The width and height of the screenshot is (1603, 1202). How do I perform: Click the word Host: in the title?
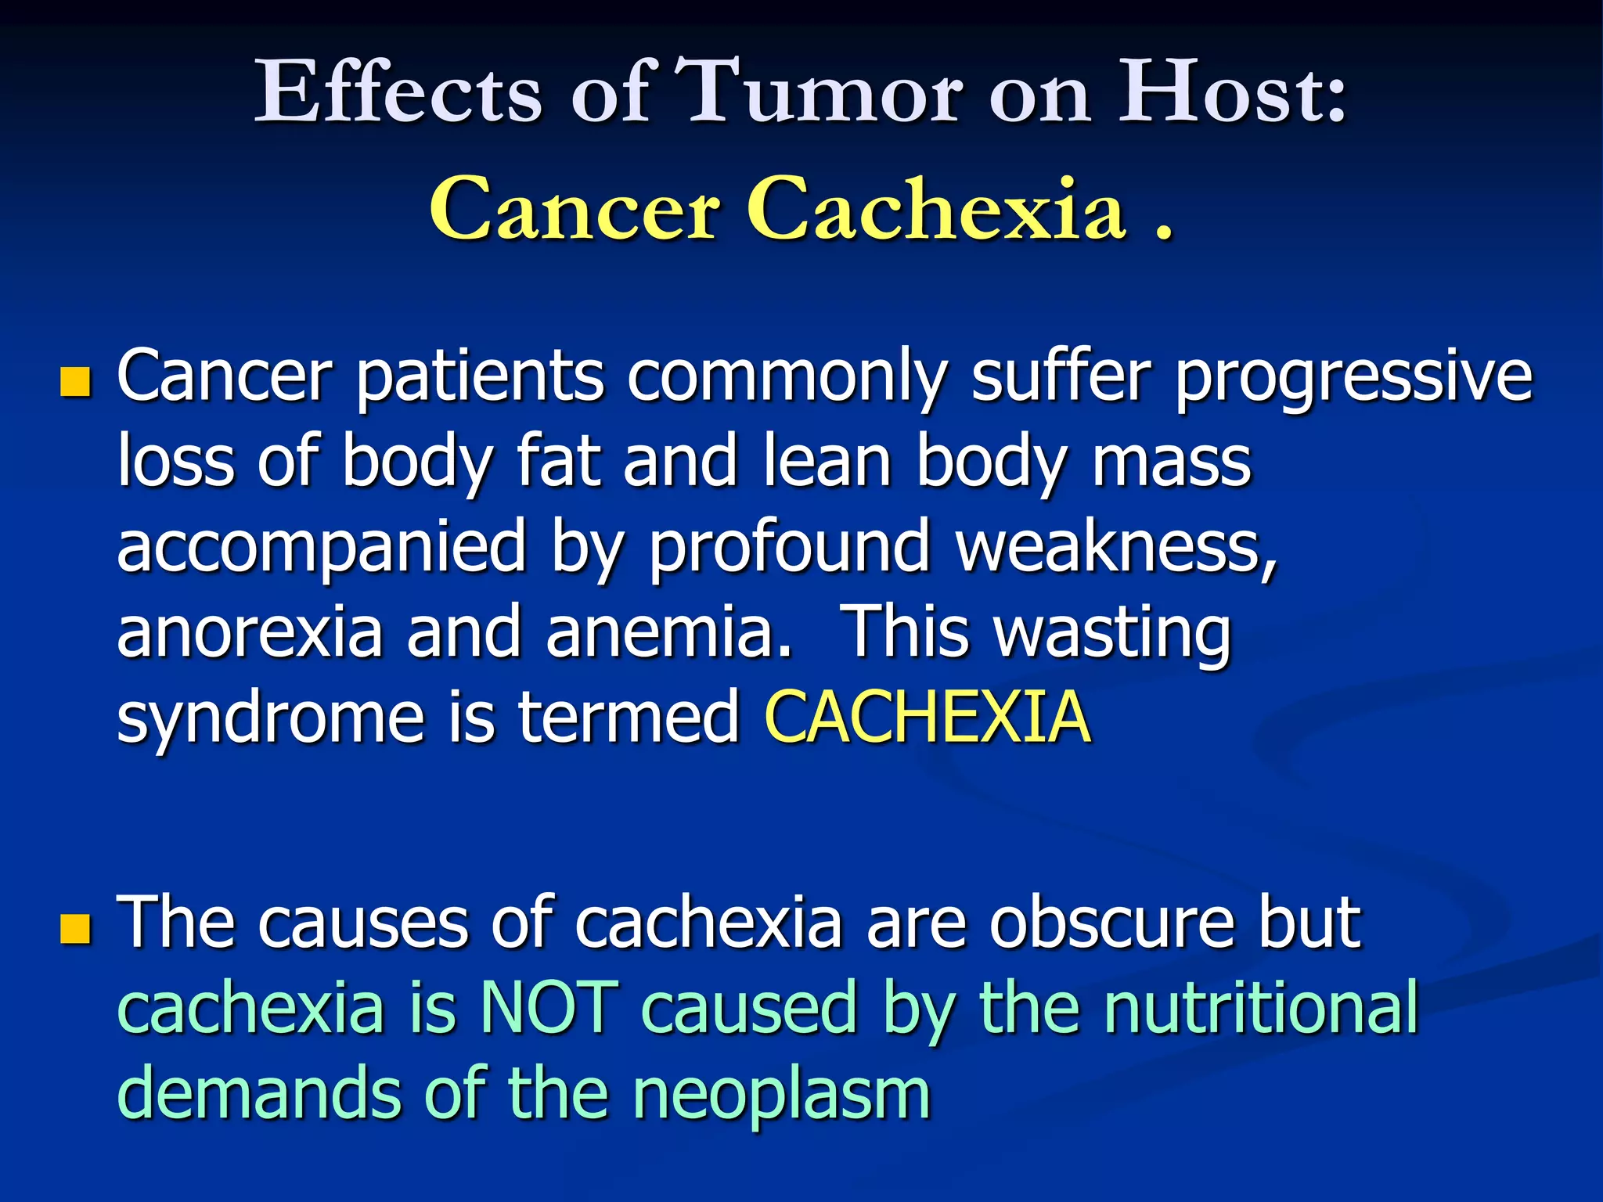(1232, 92)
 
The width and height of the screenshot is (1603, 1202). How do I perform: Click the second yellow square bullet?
(75, 929)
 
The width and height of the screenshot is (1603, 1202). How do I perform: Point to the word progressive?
(1353, 378)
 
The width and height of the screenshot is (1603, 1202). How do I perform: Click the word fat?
(560, 462)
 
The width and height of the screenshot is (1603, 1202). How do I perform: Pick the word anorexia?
(250, 632)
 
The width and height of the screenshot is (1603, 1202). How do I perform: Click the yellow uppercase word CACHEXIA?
(927, 717)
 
